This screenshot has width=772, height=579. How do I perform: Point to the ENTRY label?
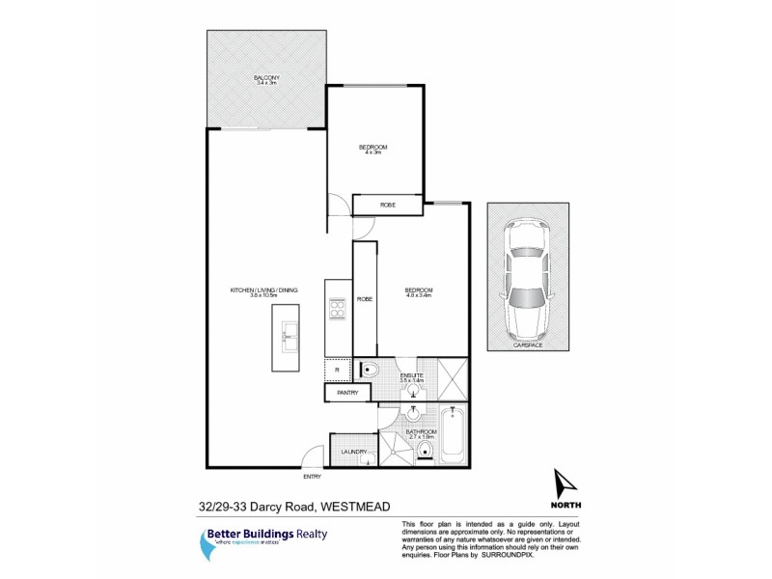(313, 477)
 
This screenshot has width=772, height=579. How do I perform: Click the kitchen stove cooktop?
(338, 310)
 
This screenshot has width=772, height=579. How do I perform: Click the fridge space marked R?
(337, 370)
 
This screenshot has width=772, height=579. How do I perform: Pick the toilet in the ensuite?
(371, 369)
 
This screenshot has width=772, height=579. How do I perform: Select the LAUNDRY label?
(353, 451)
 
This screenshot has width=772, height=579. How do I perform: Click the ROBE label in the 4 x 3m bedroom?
(387, 206)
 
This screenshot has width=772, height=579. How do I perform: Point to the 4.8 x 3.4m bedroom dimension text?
(419, 296)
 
